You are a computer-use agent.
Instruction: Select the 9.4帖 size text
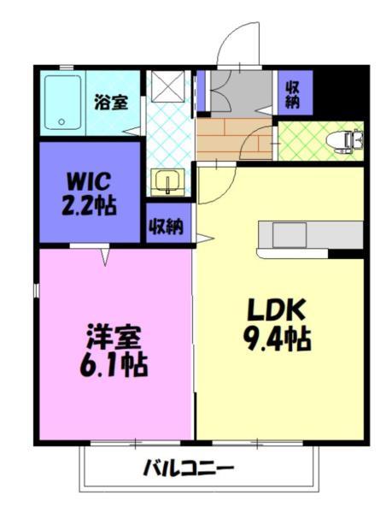click(x=274, y=339)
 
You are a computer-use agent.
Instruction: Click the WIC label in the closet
click(x=88, y=182)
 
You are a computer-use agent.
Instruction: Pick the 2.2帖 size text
click(x=88, y=206)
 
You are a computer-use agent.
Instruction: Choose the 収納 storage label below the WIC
click(x=166, y=227)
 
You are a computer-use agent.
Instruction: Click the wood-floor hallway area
click(x=231, y=136)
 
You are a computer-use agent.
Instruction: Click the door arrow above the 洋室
click(x=106, y=255)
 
